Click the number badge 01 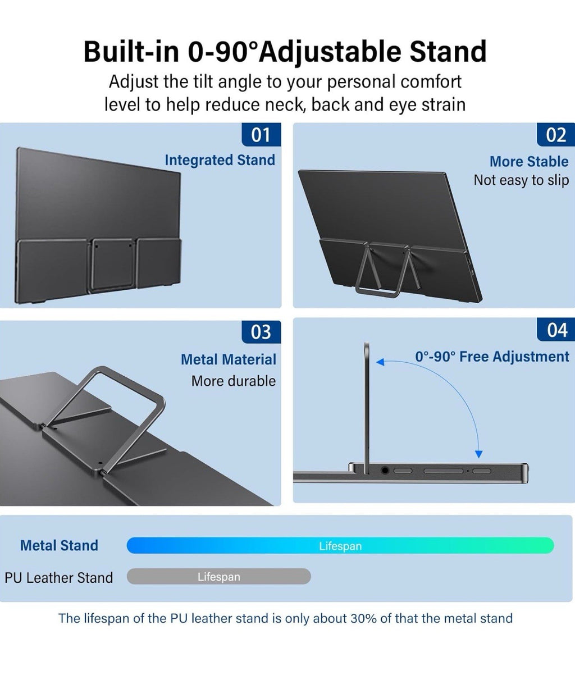261,134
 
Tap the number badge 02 556,134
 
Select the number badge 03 261,332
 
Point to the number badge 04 556,330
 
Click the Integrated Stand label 220,160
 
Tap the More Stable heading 529,162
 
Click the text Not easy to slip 521,180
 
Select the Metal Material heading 229,360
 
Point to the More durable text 234,381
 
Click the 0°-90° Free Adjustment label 492,357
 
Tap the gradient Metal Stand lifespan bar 340,546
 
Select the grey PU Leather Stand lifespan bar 218,577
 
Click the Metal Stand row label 59,546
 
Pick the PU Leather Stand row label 59,578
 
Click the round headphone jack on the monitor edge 385,471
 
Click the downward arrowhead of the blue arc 479,454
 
